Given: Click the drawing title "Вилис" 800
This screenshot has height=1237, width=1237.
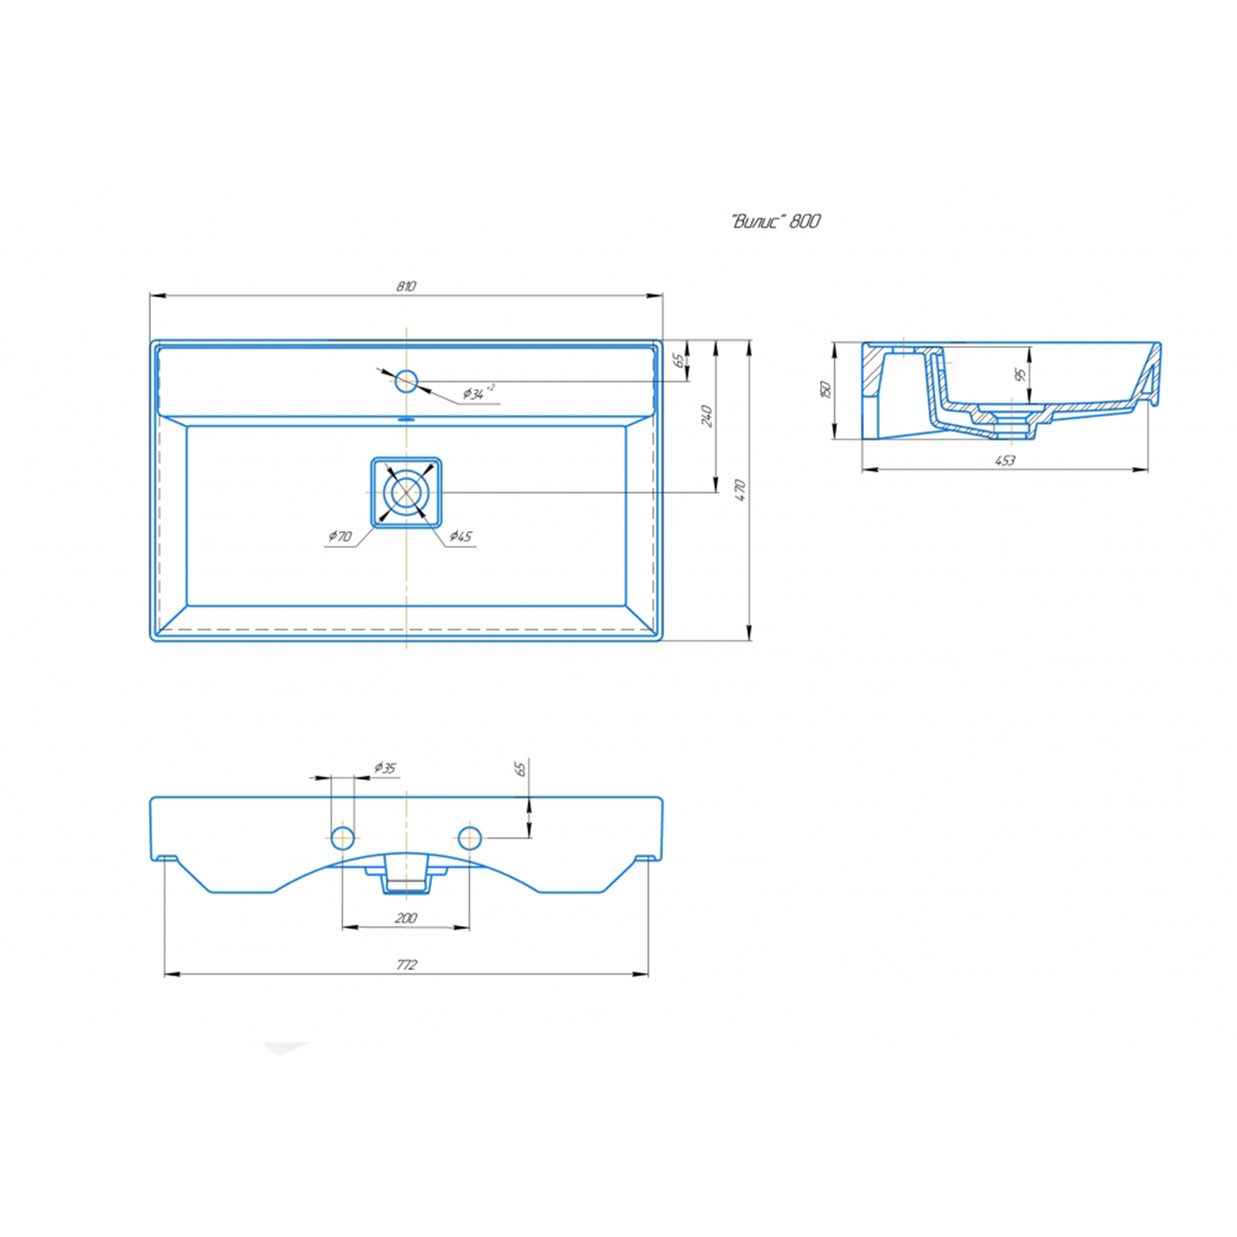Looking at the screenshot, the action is click(x=776, y=221).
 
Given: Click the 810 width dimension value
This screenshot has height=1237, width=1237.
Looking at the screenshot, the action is click(x=406, y=286).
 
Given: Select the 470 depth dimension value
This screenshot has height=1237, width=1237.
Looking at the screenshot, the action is click(x=740, y=490).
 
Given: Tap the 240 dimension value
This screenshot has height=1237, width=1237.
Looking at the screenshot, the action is click(x=707, y=416).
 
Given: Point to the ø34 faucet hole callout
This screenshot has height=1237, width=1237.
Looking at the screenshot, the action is click(x=477, y=393).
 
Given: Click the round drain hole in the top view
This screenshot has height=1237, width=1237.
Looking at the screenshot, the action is click(x=406, y=492).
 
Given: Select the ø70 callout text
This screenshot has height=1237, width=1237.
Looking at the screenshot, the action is click(x=340, y=537).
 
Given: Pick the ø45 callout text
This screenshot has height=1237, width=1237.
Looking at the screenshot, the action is click(x=461, y=537).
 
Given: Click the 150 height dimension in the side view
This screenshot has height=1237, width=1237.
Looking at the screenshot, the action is click(x=825, y=389).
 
